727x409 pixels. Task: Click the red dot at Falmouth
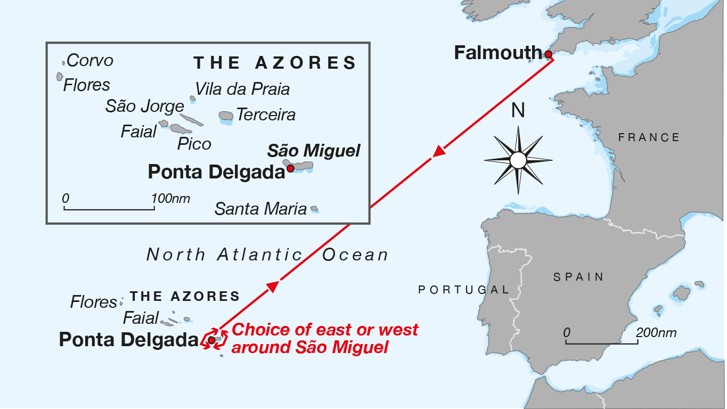point(548,54)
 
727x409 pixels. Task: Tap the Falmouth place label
point(497,53)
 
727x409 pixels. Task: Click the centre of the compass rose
point(518,160)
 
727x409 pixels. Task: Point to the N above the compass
point(518,111)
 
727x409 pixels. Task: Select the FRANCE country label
point(649,137)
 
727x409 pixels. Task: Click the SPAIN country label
point(578,277)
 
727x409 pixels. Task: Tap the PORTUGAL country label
point(463,290)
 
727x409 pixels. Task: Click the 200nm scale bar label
point(656,333)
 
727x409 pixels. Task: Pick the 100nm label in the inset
point(170,199)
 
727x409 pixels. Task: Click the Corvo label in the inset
point(89,61)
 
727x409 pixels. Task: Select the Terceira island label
point(265,114)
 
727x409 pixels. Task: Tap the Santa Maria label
point(260,209)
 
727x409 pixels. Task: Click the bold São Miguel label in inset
point(314,151)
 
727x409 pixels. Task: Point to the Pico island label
point(194,144)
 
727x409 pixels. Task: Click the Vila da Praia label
point(242,89)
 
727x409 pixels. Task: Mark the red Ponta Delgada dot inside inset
point(290,168)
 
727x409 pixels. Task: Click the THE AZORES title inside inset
point(275,63)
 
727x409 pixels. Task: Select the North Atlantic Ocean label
point(267,255)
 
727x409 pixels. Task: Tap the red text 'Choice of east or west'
point(325,330)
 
